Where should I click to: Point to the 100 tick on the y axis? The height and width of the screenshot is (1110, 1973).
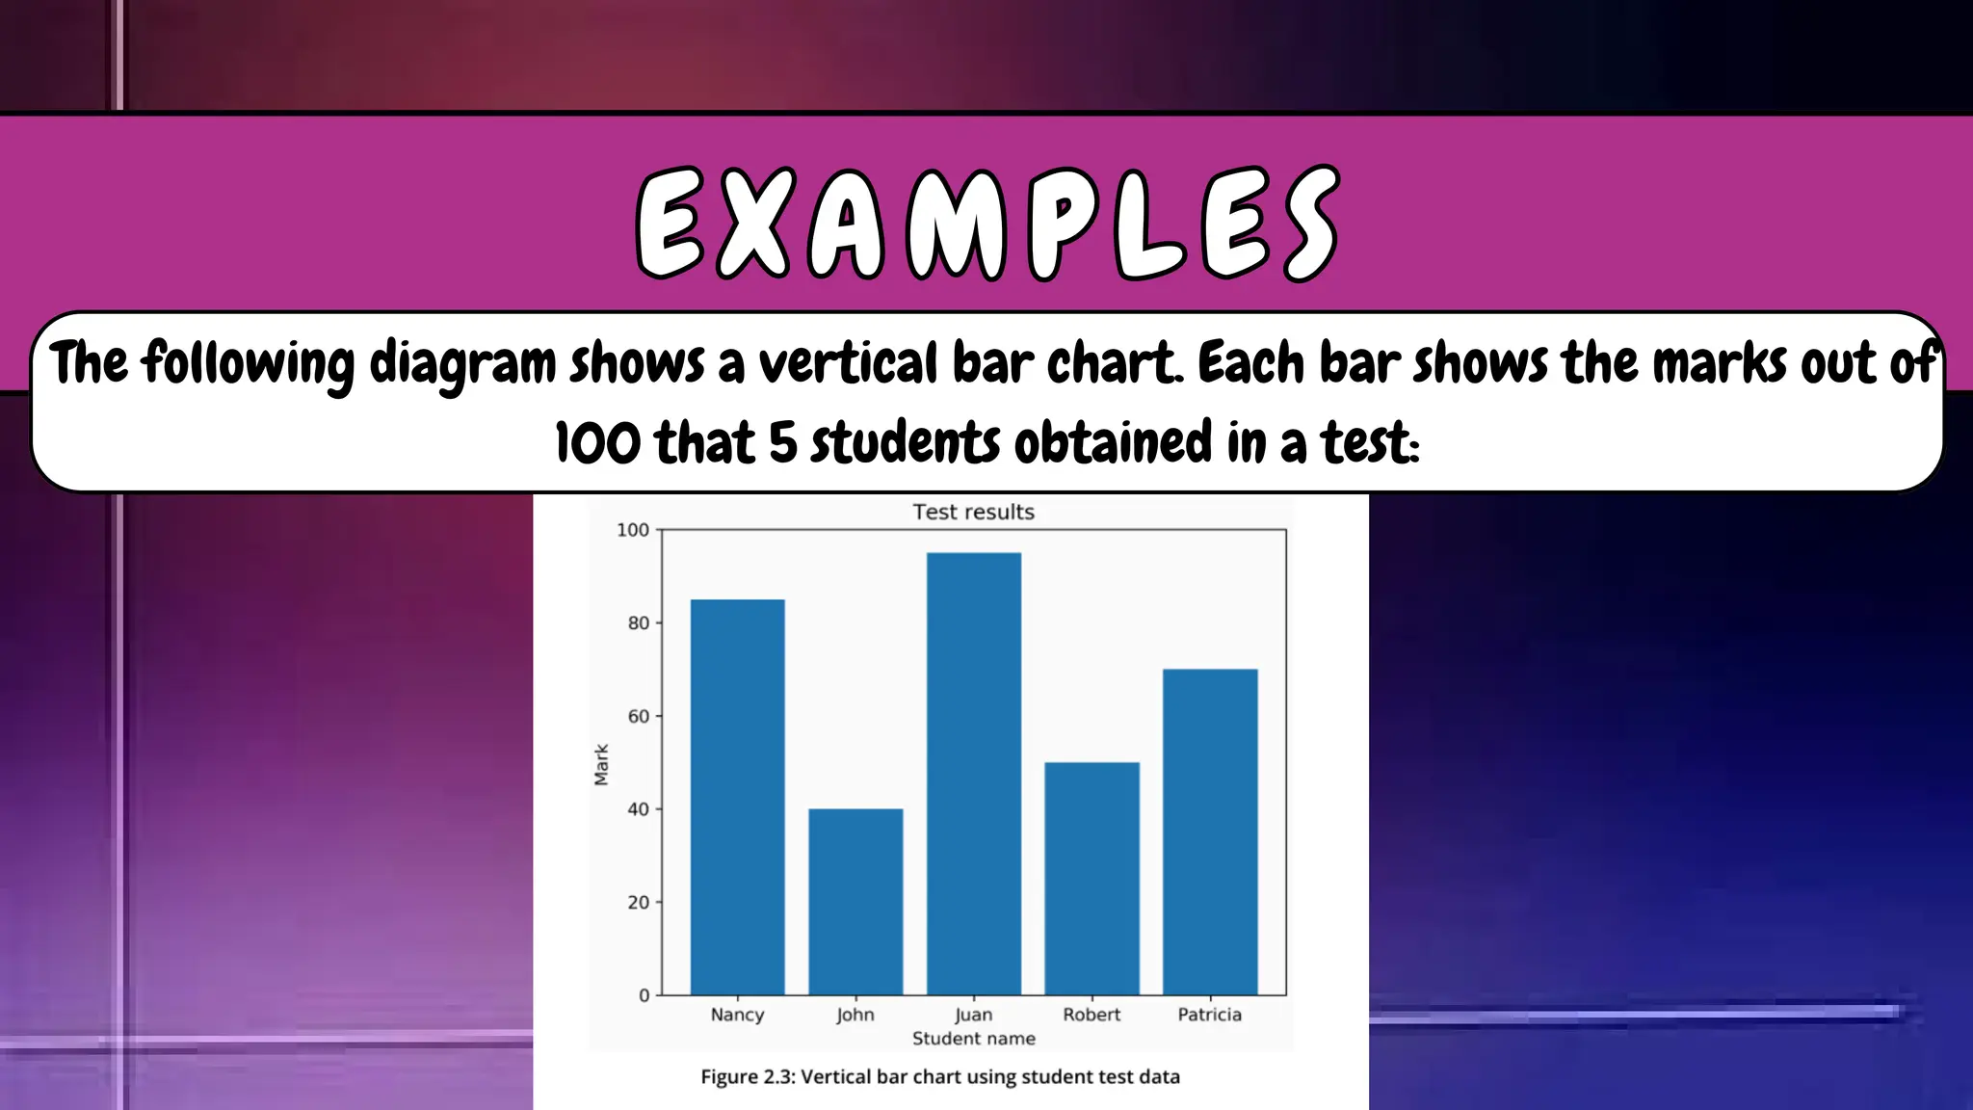pos(633,530)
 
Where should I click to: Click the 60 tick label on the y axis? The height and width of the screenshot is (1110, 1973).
pos(638,716)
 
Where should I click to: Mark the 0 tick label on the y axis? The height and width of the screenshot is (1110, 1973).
pos(644,996)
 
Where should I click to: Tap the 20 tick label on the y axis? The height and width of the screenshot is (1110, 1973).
pos(638,903)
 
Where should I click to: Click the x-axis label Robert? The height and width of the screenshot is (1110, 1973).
pos(1092,1015)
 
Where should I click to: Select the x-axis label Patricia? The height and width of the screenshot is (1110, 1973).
pos(1210,1015)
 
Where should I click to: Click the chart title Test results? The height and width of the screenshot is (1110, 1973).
pos(973,512)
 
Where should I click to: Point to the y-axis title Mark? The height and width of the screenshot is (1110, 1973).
pos(602,764)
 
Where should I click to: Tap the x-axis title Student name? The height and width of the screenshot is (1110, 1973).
pos(973,1039)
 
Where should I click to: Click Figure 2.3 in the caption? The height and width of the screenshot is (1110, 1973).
pos(747,1077)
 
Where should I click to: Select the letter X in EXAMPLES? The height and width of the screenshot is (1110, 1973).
pos(754,225)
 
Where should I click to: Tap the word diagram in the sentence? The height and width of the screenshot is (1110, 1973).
pos(462,365)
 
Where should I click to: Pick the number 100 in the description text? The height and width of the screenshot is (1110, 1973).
pos(597,443)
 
